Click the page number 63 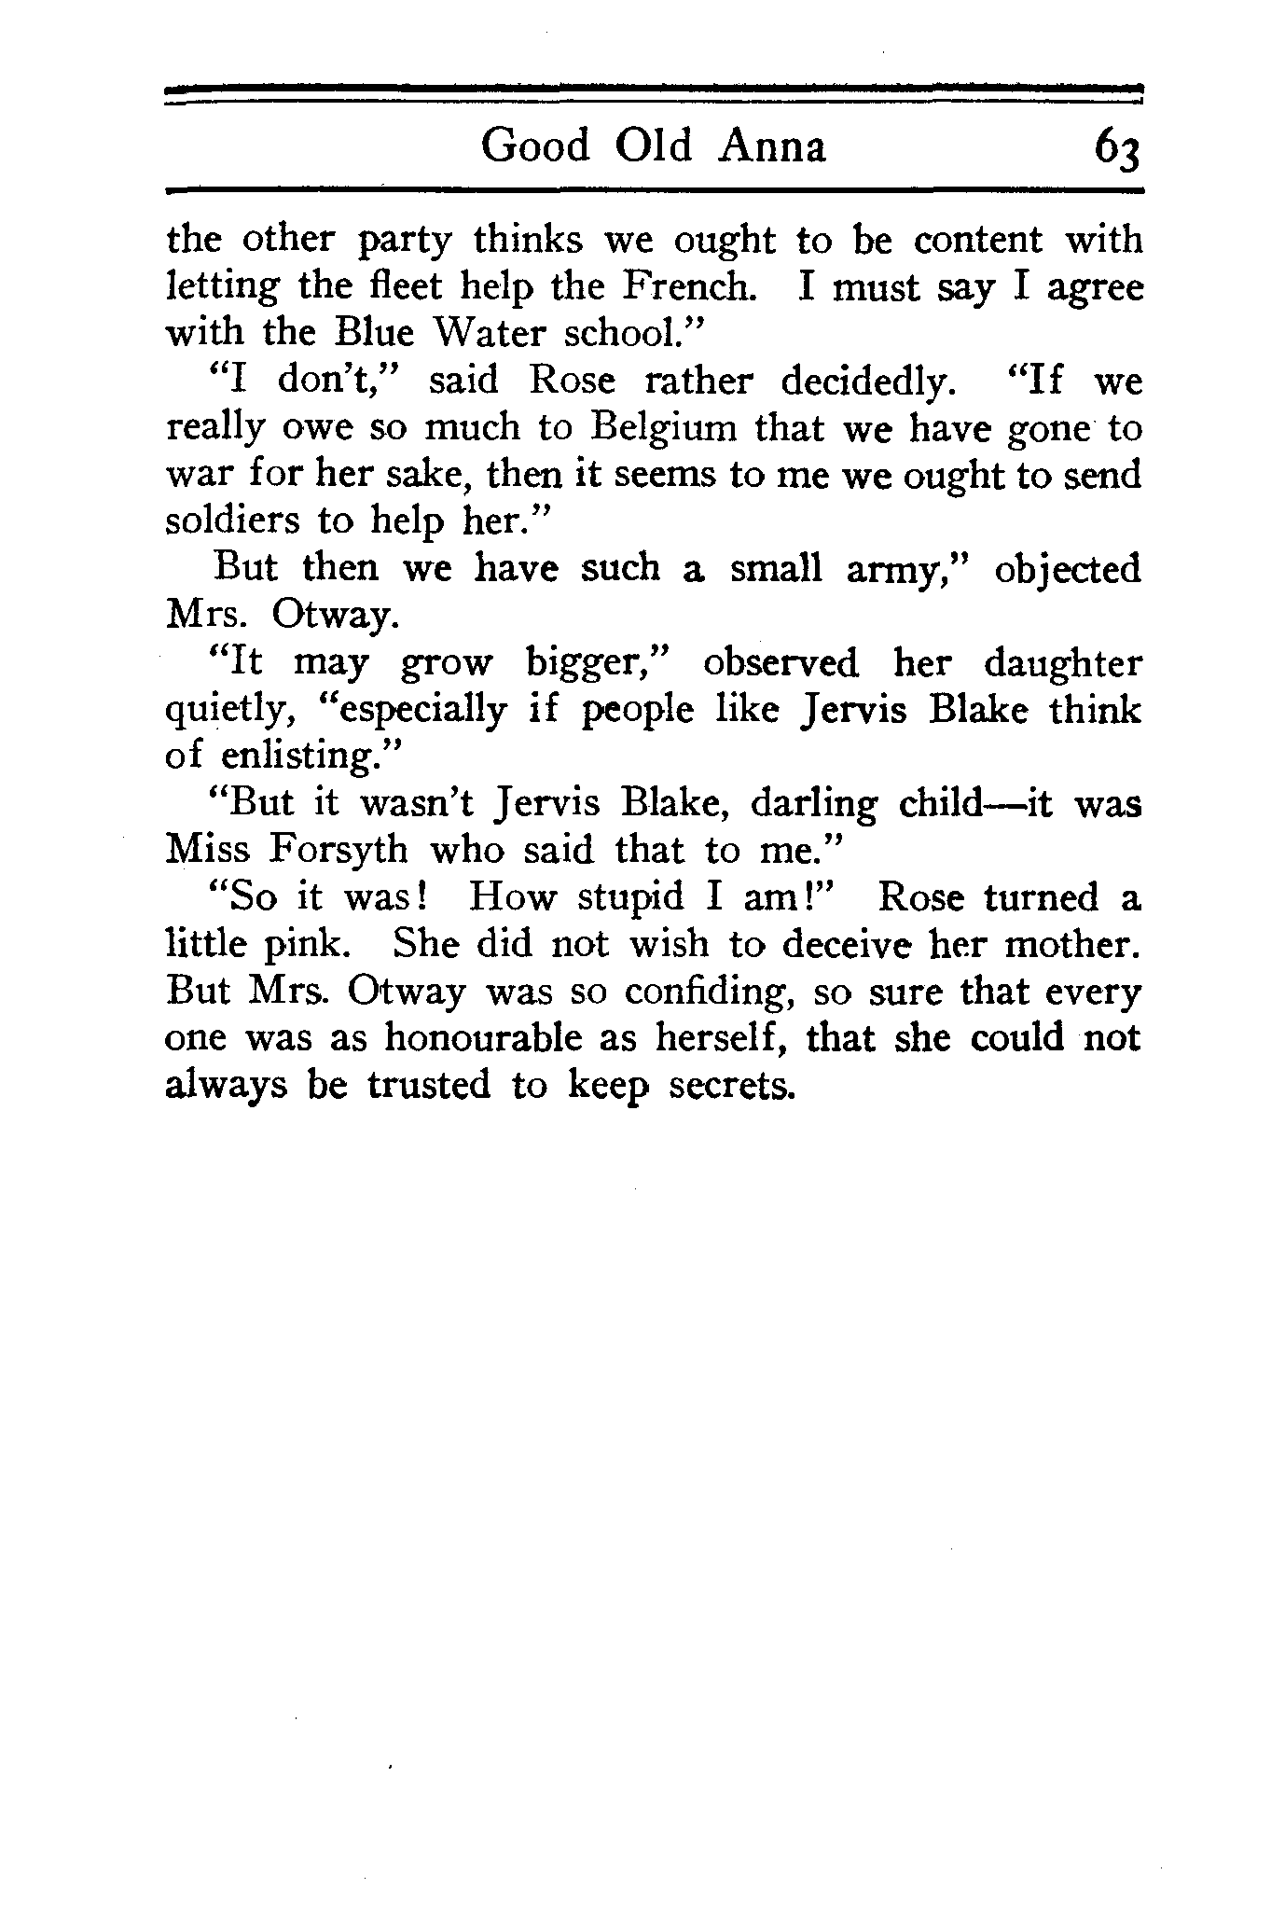click(1117, 149)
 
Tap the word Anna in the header click(773, 146)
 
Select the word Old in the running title click(655, 146)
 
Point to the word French click(686, 286)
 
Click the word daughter click(1062, 664)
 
